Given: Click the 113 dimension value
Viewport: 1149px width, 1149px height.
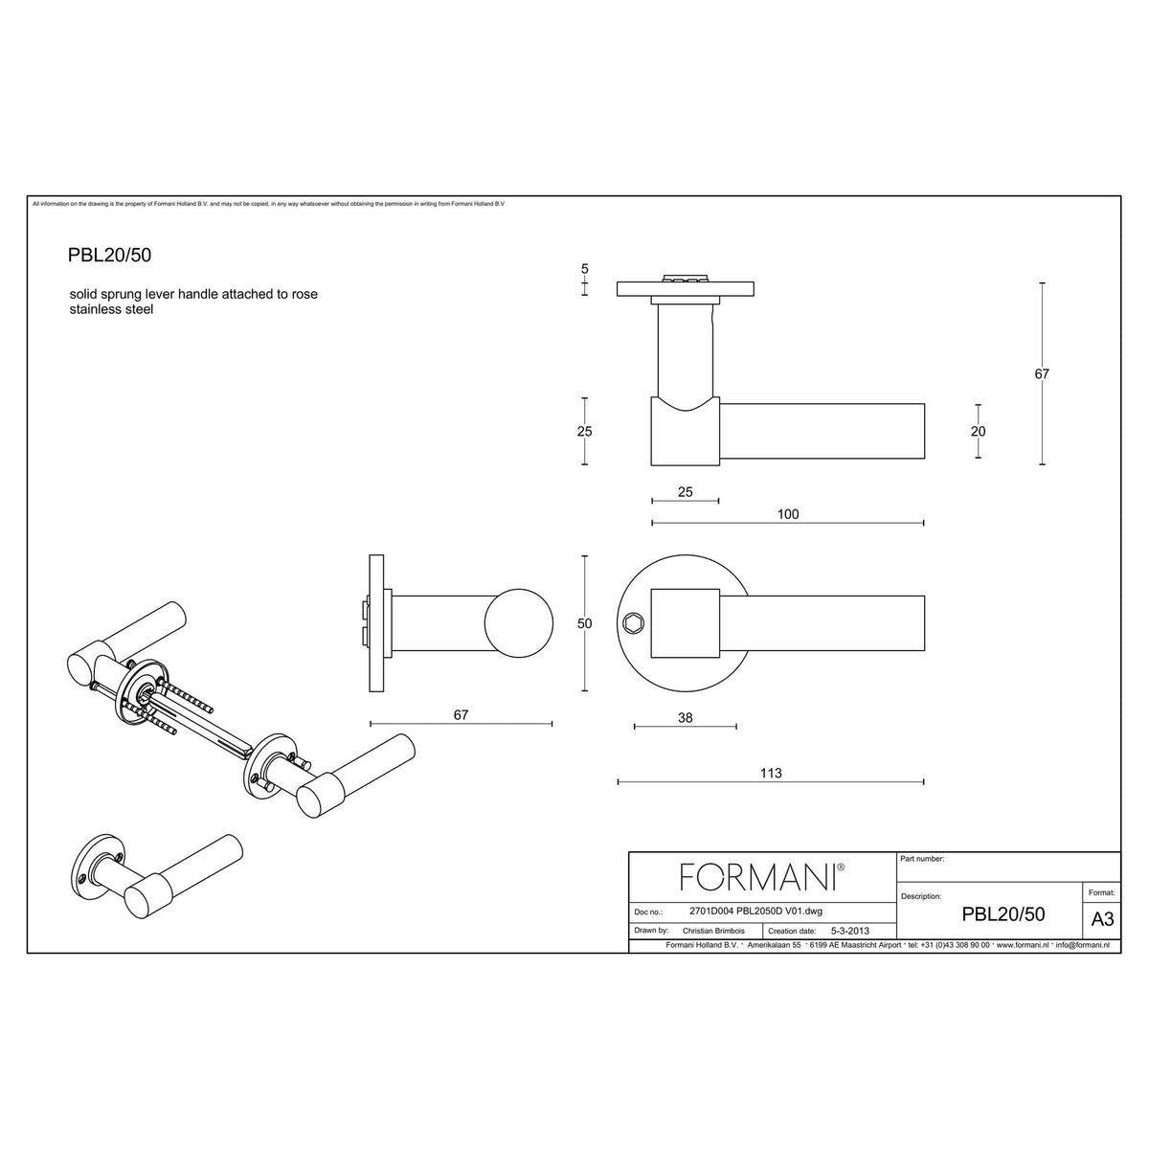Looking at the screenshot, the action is click(x=771, y=773).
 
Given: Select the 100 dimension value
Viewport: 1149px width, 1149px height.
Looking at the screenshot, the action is click(x=788, y=514).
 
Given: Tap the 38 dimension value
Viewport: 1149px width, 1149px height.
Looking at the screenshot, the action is click(x=686, y=717).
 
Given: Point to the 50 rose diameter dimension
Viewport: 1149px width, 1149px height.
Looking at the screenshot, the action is click(x=584, y=623).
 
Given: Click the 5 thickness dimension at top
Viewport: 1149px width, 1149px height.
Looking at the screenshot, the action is click(x=584, y=269).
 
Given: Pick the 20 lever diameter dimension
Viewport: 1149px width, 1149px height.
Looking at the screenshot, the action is click(x=978, y=431).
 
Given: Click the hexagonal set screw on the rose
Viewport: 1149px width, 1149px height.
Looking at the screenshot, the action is click(x=633, y=623).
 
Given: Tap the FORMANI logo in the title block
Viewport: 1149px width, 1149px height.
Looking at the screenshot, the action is click(x=762, y=877).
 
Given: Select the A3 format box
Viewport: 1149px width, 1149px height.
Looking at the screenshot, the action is click(x=1102, y=919).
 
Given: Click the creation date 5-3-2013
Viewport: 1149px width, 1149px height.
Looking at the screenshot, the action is click(x=849, y=931).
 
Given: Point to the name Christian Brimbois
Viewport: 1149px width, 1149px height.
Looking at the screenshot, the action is click(x=713, y=931).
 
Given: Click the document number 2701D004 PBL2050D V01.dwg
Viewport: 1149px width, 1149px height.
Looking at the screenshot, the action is click(x=755, y=912).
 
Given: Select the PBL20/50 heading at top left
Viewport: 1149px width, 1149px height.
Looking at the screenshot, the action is click(x=110, y=256).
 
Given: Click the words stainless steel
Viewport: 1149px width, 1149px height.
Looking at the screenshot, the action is click(x=111, y=309).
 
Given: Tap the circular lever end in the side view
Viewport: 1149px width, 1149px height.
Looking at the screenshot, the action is click(x=518, y=623).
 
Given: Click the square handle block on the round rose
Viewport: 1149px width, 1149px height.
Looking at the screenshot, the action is click(x=686, y=623).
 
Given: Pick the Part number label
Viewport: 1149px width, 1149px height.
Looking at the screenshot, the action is click(x=922, y=859).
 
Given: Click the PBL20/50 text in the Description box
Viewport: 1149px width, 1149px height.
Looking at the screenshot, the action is click(x=1003, y=914).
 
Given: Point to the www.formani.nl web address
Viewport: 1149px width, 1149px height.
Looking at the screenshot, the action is click(x=1022, y=945).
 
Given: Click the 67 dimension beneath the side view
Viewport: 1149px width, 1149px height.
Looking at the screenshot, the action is click(x=461, y=714).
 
